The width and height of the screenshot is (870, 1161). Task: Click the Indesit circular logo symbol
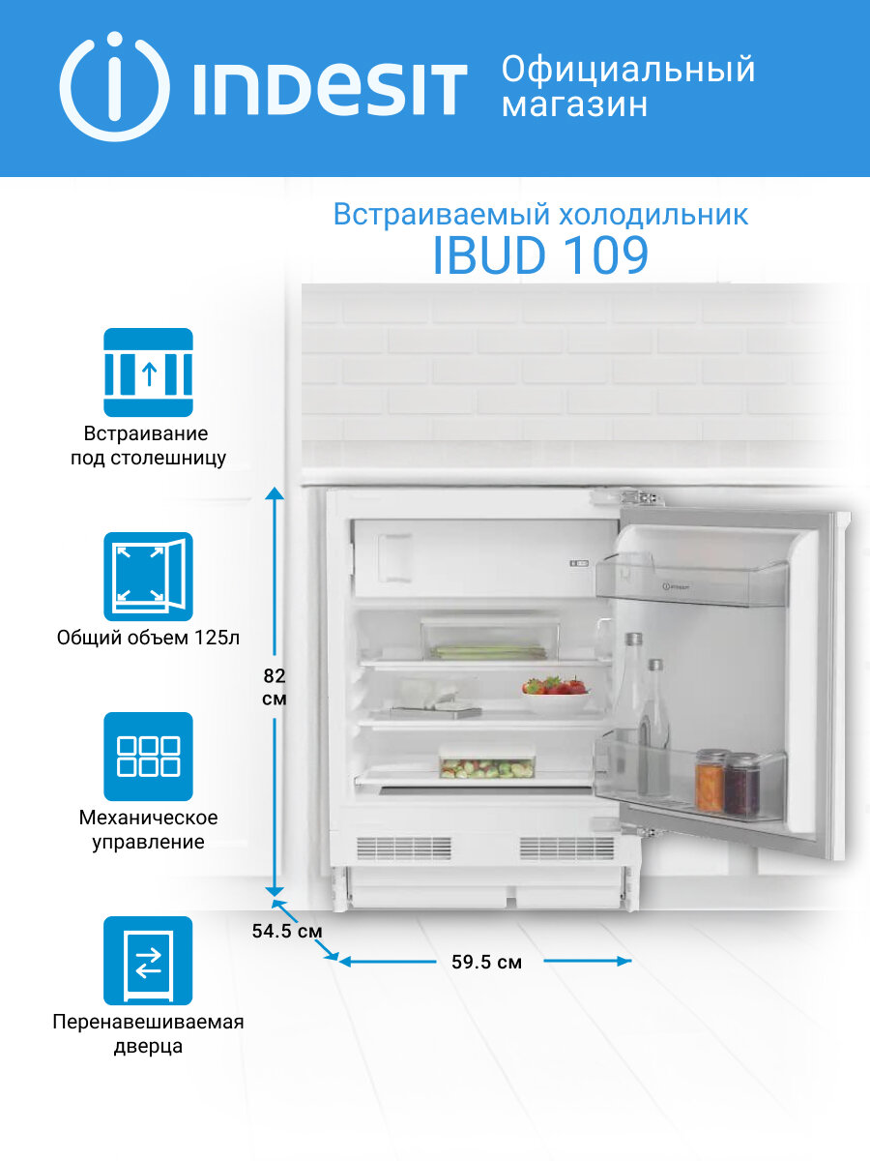pos(114,87)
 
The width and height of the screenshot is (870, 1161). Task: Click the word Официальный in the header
pos(628,71)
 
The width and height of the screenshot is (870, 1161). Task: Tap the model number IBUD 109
pos(539,255)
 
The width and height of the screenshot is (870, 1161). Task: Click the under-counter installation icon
pos(148,372)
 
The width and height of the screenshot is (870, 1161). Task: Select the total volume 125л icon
pos(148,577)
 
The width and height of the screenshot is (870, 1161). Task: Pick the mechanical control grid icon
pos(148,757)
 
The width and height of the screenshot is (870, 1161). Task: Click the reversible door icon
pos(148,961)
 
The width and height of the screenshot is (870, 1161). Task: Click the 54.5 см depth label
pos(286,931)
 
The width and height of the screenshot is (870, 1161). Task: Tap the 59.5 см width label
pos(486,963)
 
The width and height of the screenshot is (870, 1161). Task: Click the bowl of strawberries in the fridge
pos(555,694)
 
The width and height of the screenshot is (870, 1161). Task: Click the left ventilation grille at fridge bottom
pos(403,848)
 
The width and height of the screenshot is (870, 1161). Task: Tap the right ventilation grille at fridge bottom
pos(566,848)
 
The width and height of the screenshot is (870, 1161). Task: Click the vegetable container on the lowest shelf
pos(486,763)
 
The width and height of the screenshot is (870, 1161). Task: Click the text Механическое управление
pos(148,830)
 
